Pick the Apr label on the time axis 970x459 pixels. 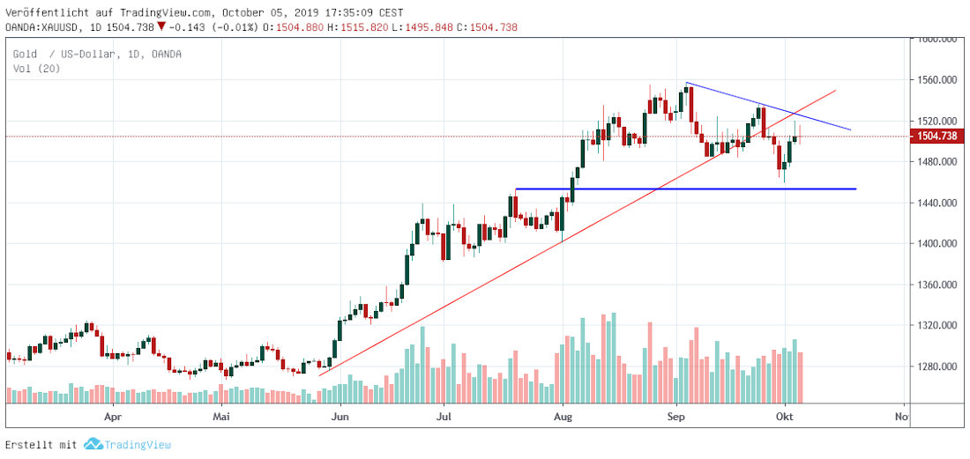[112, 414]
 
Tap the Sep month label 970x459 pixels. [675, 414]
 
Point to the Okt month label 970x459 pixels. [784, 414]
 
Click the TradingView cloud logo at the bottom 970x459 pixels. [93, 446]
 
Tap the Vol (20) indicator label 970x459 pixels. [36, 69]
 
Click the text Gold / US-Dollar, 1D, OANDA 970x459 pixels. [97, 55]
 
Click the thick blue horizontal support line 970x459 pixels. [688, 189]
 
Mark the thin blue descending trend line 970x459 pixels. [767, 107]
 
